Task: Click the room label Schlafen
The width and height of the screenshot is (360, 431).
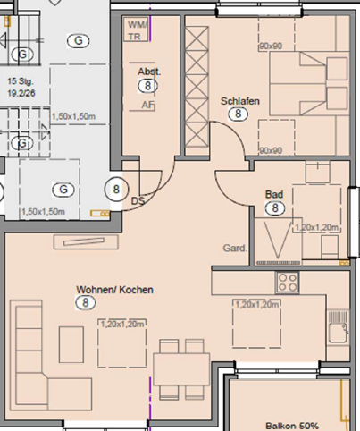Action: pyautogui.click(x=239, y=101)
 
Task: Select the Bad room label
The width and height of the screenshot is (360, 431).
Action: pyautogui.click(x=274, y=194)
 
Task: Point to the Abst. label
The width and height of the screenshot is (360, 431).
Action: pyautogui.click(x=147, y=72)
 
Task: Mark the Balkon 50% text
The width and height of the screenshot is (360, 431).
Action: pyautogui.click(x=291, y=426)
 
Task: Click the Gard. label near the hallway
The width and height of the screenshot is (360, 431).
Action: pyautogui.click(x=235, y=249)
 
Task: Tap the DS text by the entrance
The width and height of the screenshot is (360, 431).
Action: pyautogui.click(x=138, y=202)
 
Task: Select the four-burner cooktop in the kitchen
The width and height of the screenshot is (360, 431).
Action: pyautogui.click(x=288, y=283)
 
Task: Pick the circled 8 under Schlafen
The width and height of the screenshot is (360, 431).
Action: pyautogui.click(x=239, y=114)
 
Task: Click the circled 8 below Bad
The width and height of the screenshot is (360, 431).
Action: pyautogui.click(x=276, y=208)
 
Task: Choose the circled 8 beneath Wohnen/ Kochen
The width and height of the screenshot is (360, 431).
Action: pyautogui.click(x=85, y=304)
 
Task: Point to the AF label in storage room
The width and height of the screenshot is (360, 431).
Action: pyautogui.click(x=147, y=104)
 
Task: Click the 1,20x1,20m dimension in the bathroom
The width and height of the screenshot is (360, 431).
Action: pyautogui.click(x=317, y=227)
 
